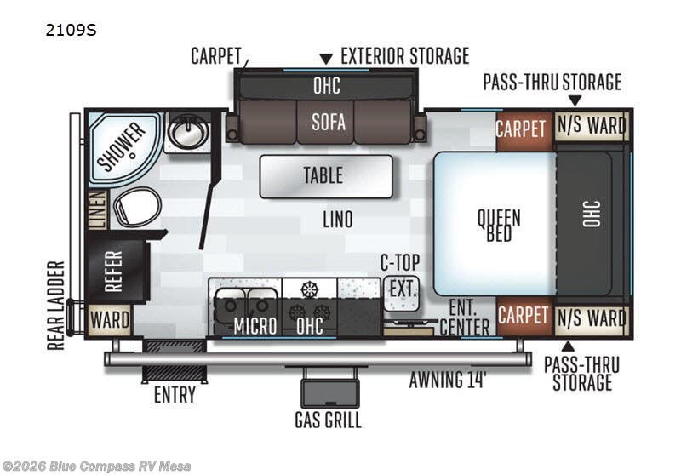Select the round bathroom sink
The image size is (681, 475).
pyautogui.click(x=182, y=132)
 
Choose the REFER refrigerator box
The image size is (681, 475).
pyautogui.click(x=113, y=271)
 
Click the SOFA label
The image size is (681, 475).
pyautogui.click(x=328, y=122)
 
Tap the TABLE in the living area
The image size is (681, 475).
pyautogui.click(x=323, y=175)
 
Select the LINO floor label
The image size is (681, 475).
pyautogui.click(x=337, y=219)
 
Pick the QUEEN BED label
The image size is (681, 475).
pyautogui.click(x=499, y=225)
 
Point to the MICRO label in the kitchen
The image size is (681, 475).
pyautogui.click(x=255, y=325)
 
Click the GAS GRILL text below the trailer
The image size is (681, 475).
pyautogui.click(x=328, y=420)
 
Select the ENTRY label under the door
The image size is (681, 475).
pyautogui.click(x=175, y=395)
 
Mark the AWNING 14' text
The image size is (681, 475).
pyautogui.click(x=447, y=380)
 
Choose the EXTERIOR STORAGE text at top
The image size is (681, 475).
pyautogui.click(x=404, y=56)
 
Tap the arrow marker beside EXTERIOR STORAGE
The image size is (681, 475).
pyautogui.click(x=325, y=59)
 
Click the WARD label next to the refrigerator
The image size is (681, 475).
pyautogui.click(x=111, y=321)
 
